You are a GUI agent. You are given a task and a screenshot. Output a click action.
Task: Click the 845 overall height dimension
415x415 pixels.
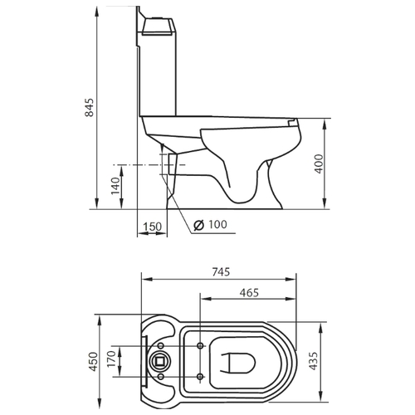(90, 107)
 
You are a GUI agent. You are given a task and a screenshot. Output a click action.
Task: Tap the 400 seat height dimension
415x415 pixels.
(319, 164)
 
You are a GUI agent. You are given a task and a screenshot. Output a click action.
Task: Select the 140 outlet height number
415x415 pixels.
(115, 186)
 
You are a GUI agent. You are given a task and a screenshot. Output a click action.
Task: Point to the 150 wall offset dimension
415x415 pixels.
(152, 227)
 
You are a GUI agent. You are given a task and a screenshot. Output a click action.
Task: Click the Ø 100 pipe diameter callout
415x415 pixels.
(210, 225)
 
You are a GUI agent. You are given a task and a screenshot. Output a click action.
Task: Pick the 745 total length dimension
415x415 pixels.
(221, 272)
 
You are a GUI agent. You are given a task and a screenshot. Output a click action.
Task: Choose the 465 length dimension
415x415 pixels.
(249, 292)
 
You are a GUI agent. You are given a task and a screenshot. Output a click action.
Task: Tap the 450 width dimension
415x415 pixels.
(94, 361)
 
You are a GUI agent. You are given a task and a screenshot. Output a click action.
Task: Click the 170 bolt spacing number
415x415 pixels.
(111, 359)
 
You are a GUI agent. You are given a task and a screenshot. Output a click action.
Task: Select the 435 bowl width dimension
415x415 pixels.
(314, 361)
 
